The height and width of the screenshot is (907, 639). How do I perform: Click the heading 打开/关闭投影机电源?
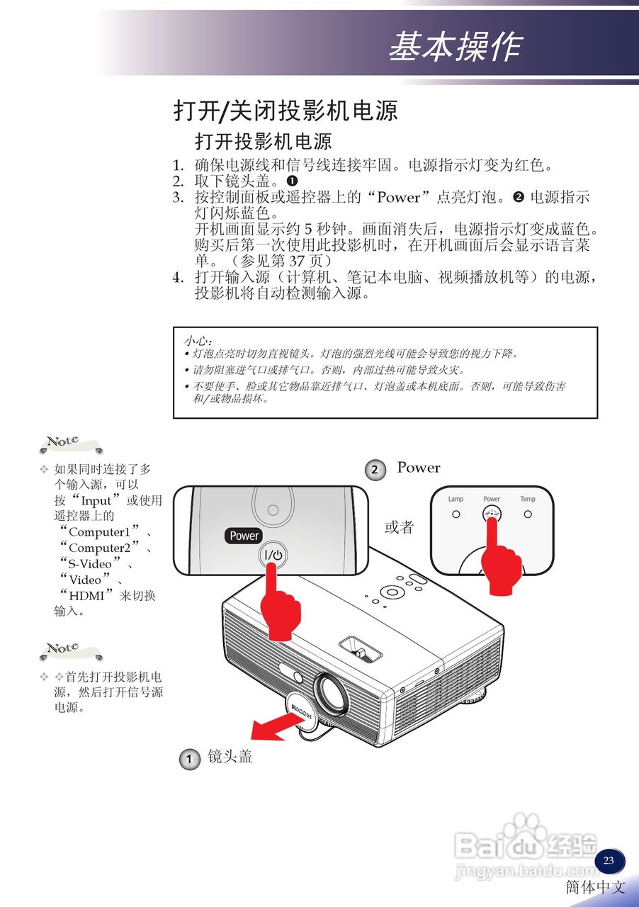285,111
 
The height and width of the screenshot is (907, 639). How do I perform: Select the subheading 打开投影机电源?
264,141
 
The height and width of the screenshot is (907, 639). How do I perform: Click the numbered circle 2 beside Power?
375,470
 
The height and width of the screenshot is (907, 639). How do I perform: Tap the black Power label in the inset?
244,536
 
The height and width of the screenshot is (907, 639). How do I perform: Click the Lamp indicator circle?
456,514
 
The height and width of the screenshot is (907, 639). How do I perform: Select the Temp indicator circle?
528,514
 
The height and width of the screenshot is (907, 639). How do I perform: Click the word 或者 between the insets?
399,528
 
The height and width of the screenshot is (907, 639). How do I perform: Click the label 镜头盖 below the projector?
230,757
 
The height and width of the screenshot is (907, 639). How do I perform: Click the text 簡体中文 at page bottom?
595,887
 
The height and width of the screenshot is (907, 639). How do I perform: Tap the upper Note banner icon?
69,444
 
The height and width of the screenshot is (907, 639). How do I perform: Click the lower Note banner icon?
69,650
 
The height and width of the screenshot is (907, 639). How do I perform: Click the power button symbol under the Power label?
274,557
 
